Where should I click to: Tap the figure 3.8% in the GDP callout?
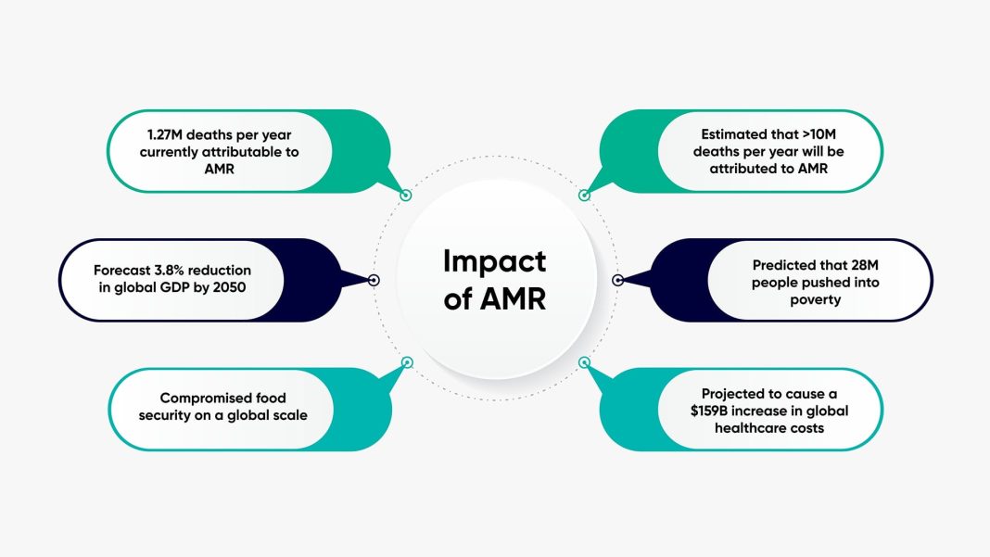click(171, 270)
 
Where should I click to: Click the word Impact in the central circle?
click(494, 261)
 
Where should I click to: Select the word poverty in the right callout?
click(815, 298)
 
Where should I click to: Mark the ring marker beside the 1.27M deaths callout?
click(405, 196)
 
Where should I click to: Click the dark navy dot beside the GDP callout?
click(374, 280)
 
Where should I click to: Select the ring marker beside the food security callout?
click(406, 362)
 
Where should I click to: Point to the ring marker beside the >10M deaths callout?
click(584, 196)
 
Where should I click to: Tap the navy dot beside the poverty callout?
click(618, 280)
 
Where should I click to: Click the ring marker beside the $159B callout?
click(584, 362)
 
